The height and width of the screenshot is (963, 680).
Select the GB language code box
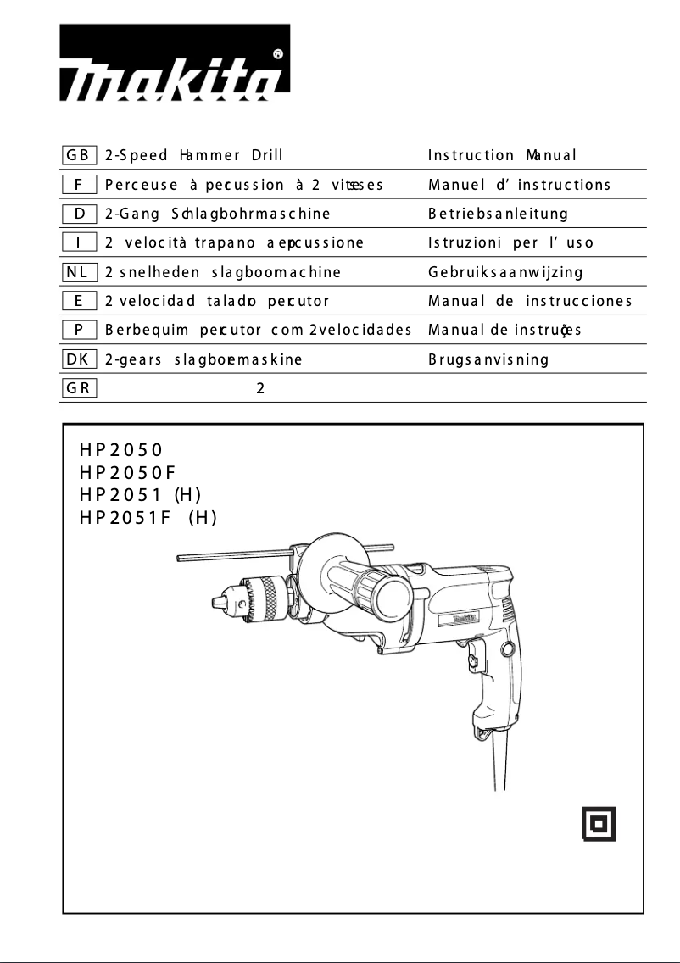80,155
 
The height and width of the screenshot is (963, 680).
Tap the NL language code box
80,272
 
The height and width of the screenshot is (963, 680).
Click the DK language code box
80,359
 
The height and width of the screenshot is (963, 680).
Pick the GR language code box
80,388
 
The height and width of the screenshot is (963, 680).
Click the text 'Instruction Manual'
502,155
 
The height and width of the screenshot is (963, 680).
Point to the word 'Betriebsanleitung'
498,214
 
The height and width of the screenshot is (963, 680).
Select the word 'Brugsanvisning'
488,359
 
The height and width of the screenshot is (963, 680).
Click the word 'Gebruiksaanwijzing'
505,272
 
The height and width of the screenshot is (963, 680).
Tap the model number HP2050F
127,471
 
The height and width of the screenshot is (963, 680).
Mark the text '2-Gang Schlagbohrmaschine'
216,214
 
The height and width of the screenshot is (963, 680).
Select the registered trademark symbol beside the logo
279,53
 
